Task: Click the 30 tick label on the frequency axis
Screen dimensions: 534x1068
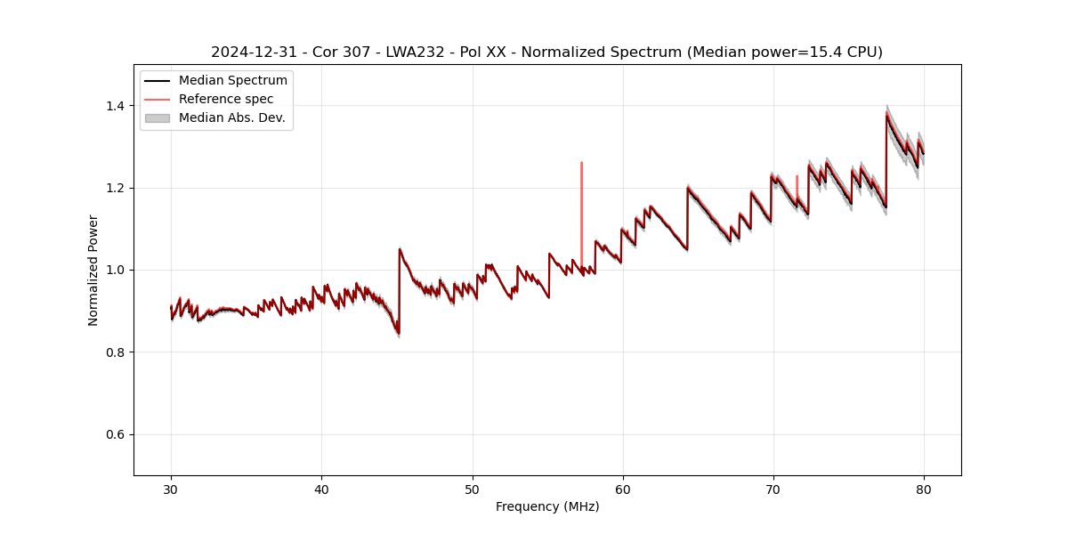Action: [x=171, y=489]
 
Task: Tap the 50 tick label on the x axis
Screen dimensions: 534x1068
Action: [x=472, y=489]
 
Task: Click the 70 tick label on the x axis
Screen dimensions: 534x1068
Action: [x=773, y=489]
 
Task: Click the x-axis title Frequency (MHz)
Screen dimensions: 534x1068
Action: [x=547, y=506]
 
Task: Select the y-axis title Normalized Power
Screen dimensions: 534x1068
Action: [x=93, y=270]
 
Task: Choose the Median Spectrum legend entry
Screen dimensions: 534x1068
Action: [x=232, y=81]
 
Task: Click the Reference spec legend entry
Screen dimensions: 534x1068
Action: [x=226, y=99]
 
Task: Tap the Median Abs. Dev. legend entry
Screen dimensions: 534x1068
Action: [x=231, y=117]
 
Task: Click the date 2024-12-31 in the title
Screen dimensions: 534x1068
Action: [x=249, y=53]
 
